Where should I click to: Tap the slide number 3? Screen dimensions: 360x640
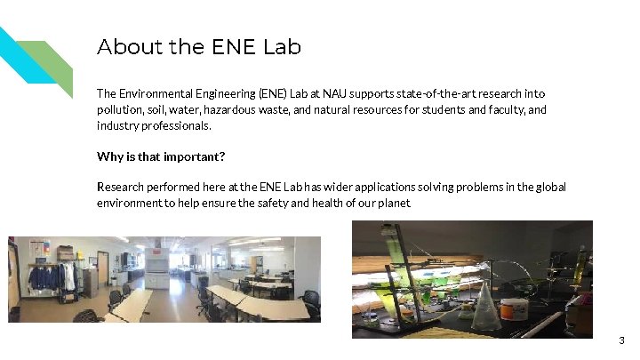point(621,340)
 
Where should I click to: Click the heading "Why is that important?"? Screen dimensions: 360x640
point(161,156)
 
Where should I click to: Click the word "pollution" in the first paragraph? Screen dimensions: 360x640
point(119,109)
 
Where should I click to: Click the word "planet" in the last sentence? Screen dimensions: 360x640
point(395,203)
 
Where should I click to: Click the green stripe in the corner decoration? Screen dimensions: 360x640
point(53,62)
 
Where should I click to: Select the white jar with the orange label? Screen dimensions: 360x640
point(515,310)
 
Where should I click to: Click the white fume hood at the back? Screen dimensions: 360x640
point(156,263)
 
